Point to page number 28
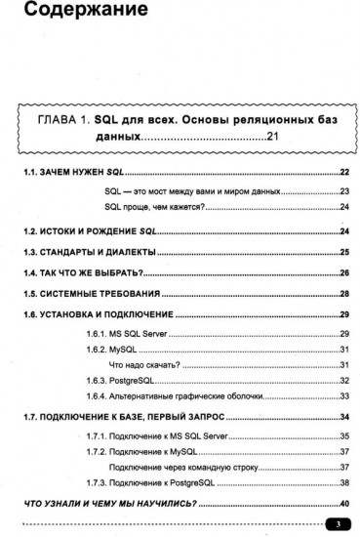coord(344,294)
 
